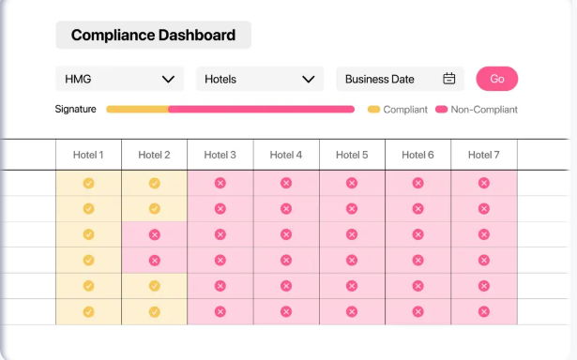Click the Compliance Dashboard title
click(x=153, y=35)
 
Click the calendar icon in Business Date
click(x=449, y=79)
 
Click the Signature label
click(x=75, y=109)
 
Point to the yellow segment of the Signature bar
click(x=138, y=109)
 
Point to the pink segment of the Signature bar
click(x=262, y=109)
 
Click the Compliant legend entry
click(x=398, y=110)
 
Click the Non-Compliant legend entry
click(x=477, y=110)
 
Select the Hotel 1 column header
click(x=88, y=155)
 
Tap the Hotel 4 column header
click(x=286, y=155)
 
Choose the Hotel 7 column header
click(x=484, y=155)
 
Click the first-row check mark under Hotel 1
click(x=88, y=183)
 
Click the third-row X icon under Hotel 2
click(x=155, y=234)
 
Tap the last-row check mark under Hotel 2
click(x=155, y=312)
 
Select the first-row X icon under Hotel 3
click(x=220, y=183)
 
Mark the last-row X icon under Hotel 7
click(x=484, y=312)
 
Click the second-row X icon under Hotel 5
click(x=352, y=209)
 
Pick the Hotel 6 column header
click(x=418, y=155)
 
